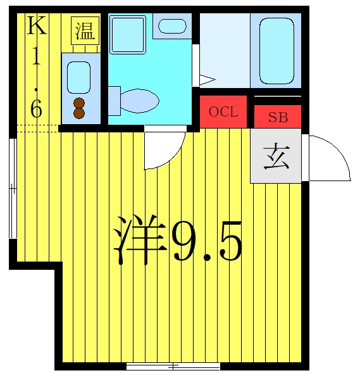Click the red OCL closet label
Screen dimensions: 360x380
(223, 112)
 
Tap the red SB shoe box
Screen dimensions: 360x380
(278, 117)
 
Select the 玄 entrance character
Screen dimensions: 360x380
(276, 156)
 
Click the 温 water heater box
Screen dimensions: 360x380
(85, 31)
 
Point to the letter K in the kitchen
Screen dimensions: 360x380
(37, 25)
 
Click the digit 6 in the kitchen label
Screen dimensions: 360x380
(36, 108)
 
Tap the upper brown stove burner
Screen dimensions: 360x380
(79, 103)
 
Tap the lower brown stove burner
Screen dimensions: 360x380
(79, 113)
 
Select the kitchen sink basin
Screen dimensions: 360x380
(78, 77)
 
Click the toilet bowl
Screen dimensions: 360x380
(139, 101)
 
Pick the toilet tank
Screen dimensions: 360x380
(114, 101)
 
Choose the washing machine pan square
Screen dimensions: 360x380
(128, 34)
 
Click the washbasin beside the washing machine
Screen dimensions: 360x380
(172, 26)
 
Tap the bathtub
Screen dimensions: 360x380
(276, 51)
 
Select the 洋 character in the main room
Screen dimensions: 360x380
(140, 240)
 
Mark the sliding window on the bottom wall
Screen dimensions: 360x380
(173, 366)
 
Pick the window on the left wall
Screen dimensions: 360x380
(13, 189)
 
